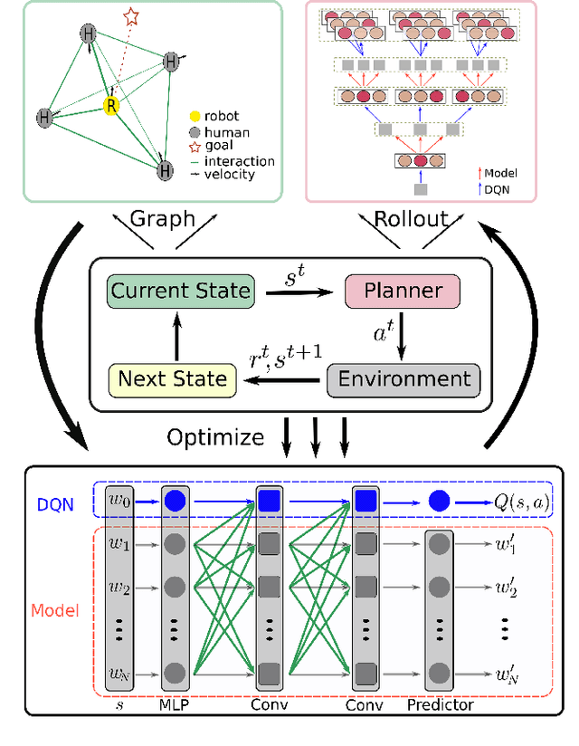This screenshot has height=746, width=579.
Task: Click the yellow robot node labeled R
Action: pos(110,105)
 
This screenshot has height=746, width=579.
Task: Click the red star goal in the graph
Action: pos(132,16)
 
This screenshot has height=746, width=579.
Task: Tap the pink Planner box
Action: pos(403,292)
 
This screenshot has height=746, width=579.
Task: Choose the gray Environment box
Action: pos(404,378)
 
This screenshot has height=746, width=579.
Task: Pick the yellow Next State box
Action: pos(172,378)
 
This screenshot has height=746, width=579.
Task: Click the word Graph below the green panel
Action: pos(163,218)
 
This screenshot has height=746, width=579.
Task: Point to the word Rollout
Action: pos(412,218)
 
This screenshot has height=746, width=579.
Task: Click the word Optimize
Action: pos(215,437)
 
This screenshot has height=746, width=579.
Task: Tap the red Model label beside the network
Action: pos(55,610)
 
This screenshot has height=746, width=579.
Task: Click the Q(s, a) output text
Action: pos(522,500)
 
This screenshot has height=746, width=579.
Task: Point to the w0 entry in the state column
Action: pos(120,500)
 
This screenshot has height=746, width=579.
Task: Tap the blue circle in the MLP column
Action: pos(176,500)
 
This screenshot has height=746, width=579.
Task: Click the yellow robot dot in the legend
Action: pos(195,117)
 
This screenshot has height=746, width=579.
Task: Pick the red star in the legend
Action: pos(195,147)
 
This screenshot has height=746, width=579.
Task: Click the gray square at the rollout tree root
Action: pos(420,189)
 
